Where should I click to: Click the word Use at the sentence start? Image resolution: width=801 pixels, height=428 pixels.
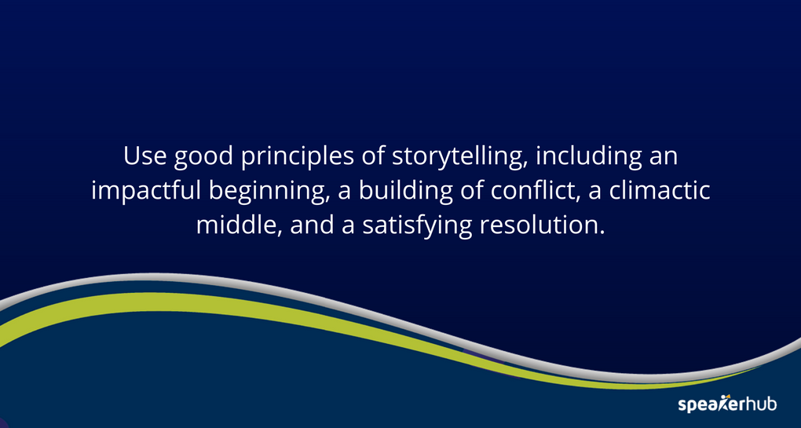pos(142,156)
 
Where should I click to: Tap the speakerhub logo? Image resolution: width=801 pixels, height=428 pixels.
pos(726,404)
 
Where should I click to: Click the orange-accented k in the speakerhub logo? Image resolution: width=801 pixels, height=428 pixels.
pos(724,404)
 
